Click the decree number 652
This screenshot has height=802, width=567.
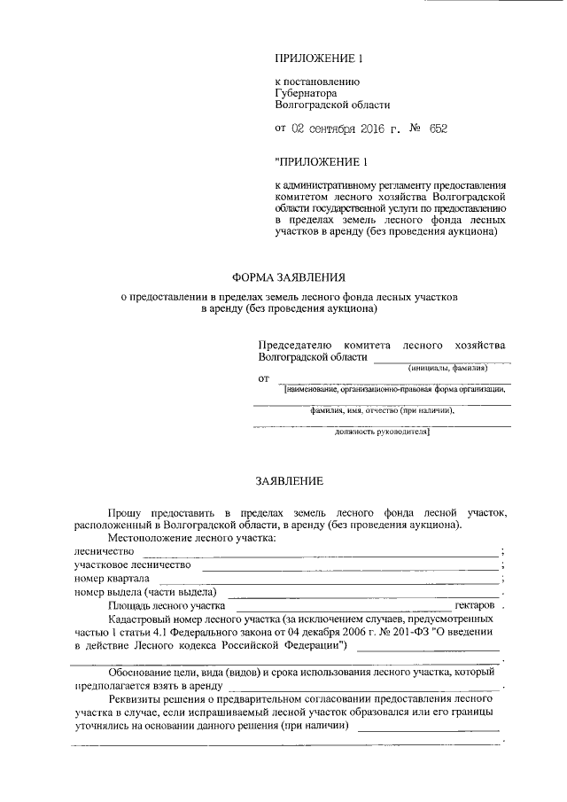coord(438,128)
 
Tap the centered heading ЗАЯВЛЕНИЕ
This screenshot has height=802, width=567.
coord(290,480)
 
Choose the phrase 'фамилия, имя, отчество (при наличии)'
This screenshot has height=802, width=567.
coord(382,411)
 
